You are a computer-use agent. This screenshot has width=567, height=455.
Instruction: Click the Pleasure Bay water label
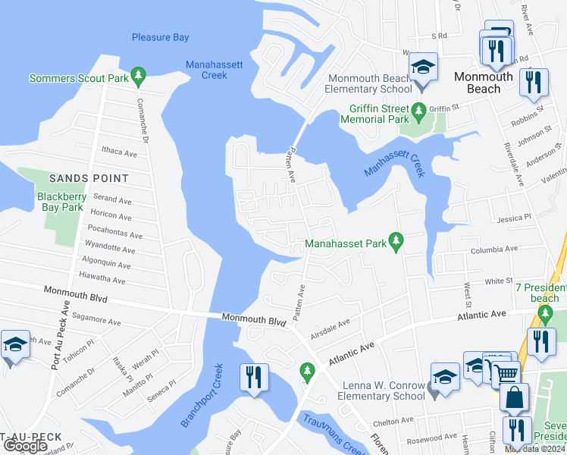[x=160, y=37]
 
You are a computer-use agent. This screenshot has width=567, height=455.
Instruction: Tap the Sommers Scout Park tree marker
[x=138, y=75]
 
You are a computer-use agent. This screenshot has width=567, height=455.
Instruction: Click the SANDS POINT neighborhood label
[x=89, y=178]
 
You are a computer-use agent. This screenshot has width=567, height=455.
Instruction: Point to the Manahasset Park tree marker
[x=394, y=241]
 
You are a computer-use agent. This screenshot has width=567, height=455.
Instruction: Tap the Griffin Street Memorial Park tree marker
[x=418, y=115]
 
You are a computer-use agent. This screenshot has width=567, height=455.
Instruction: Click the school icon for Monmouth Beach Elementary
[x=424, y=66]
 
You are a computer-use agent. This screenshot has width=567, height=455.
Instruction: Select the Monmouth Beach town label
[x=483, y=83]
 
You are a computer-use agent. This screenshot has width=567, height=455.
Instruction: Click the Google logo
[x=25, y=446]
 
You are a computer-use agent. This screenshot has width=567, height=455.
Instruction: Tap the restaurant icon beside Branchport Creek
[x=253, y=376]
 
